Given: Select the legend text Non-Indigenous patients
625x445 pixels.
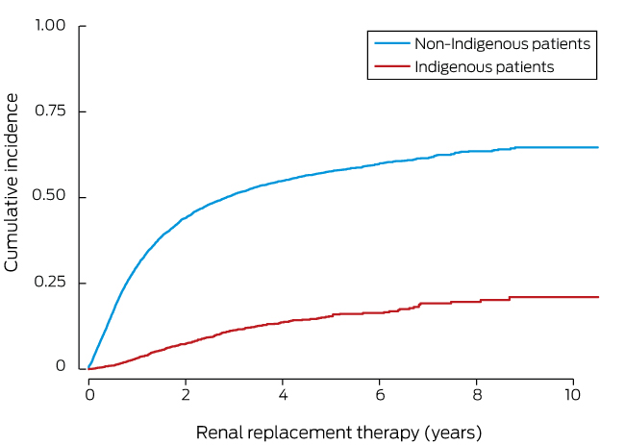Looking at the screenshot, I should point(502,43).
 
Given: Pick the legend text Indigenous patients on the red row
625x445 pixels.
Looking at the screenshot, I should point(484,67).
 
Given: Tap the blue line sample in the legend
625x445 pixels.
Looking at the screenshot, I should point(389,43).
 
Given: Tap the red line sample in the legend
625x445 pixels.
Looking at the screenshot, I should point(389,67).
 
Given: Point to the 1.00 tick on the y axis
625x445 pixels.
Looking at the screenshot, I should point(49,26).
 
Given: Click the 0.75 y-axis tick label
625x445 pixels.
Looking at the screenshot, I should point(49,111).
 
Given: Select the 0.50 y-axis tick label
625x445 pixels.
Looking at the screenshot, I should point(49,197).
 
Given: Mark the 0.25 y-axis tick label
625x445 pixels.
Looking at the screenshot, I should point(49,283).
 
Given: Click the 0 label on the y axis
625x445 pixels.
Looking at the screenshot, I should point(61,367).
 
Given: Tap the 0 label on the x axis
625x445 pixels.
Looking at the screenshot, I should point(89,395).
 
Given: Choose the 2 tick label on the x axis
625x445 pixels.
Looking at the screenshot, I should point(186,395).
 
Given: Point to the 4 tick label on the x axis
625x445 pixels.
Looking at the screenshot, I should point(283,395).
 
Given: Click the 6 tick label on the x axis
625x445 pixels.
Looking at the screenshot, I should point(380,395).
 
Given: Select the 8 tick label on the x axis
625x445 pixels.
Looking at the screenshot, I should point(477,395).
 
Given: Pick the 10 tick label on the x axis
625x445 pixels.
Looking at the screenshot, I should point(573,395).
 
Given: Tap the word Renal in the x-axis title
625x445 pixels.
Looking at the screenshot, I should point(217,432).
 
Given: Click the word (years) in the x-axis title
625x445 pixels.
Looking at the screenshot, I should point(451,432).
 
